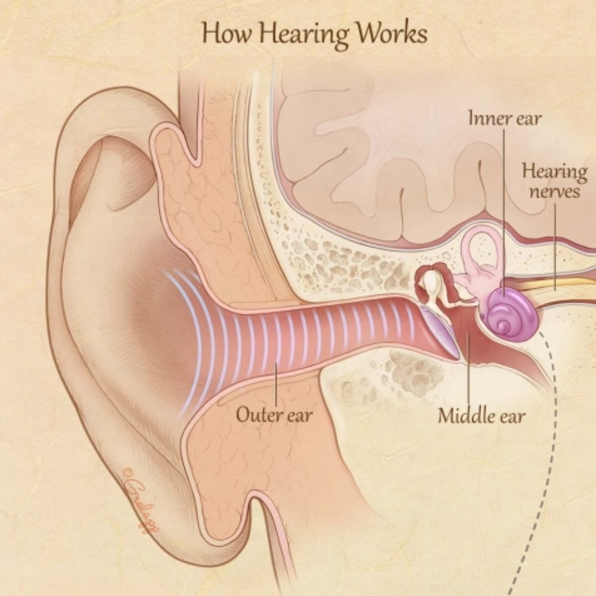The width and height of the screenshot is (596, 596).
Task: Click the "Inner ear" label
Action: (x=505, y=118)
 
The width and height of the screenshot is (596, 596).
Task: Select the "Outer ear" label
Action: (x=274, y=414)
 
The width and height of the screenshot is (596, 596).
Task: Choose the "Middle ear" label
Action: (x=481, y=415)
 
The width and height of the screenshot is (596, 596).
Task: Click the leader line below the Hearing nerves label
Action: (x=555, y=243)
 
